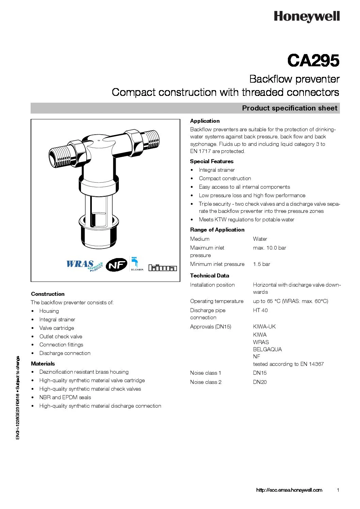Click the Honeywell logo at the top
click(307, 16)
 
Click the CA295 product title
click(313, 61)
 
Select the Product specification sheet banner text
click(289, 108)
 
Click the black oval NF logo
click(116, 265)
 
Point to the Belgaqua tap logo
click(137, 264)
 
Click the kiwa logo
click(162, 268)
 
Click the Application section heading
click(205, 121)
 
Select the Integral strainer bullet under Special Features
click(217, 170)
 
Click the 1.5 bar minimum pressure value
click(261, 264)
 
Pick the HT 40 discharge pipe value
click(260, 310)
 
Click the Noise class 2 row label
click(206, 382)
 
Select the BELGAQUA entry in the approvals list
click(267, 350)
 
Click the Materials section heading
click(43, 364)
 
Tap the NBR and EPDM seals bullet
click(65, 397)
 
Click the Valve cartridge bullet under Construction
click(56, 328)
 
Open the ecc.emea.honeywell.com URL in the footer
click(289, 490)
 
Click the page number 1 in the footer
click(338, 490)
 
